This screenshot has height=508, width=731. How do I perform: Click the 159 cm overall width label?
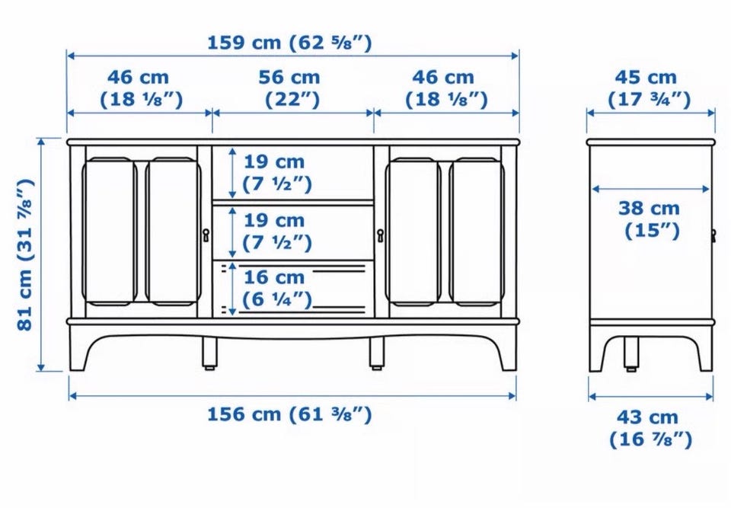pyautogui.click(x=289, y=43)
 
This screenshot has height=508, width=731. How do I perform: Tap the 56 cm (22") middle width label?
pyautogui.click(x=290, y=88)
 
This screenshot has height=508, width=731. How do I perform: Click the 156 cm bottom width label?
pyautogui.click(x=289, y=414)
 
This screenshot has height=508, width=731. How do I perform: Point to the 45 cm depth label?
pyautogui.click(x=649, y=88)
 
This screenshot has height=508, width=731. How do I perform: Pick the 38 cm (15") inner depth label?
pyautogui.click(x=650, y=219)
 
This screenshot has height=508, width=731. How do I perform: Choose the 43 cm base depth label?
pyautogui.click(x=650, y=428)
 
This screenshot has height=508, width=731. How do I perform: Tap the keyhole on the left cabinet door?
pyautogui.click(x=206, y=235)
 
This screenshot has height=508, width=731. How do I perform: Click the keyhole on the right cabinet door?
pyautogui.click(x=381, y=235)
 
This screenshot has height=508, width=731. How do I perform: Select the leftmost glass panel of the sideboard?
pyautogui.click(x=110, y=232)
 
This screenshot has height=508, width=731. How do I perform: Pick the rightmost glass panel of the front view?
pyautogui.click(x=477, y=232)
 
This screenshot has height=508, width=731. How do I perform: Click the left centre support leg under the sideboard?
pyautogui.click(x=210, y=353)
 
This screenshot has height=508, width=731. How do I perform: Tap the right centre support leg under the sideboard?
pyautogui.click(x=377, y=353)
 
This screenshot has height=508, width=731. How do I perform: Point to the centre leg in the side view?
pyautogui.click(x=631, y=354)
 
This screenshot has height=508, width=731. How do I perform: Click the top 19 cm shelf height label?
pyautogui.click(x=276, y=173)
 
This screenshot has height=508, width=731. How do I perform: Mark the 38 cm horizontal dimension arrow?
pyautogui.click(x=650, y=189)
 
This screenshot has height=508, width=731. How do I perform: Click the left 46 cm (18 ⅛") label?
pyautogui.click(x=142, y=88)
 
